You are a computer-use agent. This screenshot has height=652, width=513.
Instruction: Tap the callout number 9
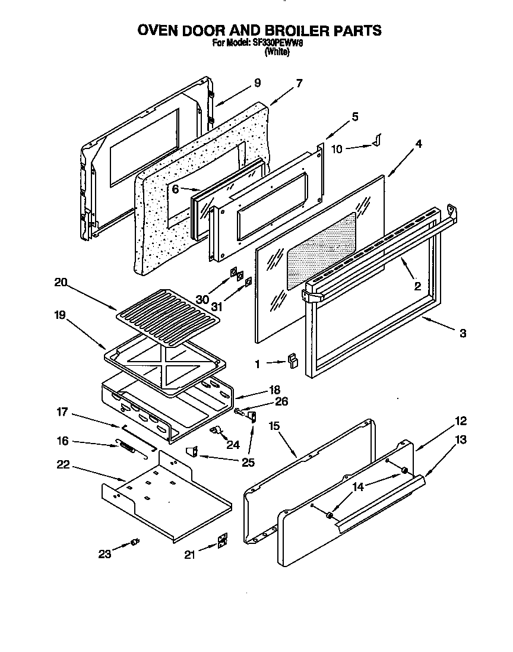[x=257, y=83]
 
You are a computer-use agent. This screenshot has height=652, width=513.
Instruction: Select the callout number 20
[x=60, y=283]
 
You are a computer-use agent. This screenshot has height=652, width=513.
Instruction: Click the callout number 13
[x=461, y=440]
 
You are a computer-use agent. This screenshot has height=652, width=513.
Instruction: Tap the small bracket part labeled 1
[x=292, y=360]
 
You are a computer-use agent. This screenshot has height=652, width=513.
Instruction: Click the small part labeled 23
[x=135, y=541]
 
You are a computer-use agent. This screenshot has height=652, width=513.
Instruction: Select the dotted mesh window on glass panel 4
[x=321, y=249]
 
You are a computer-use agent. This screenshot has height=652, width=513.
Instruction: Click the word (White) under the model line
[x=277, y=52]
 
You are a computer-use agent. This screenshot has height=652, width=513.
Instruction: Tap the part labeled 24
[x=216, y=430]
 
